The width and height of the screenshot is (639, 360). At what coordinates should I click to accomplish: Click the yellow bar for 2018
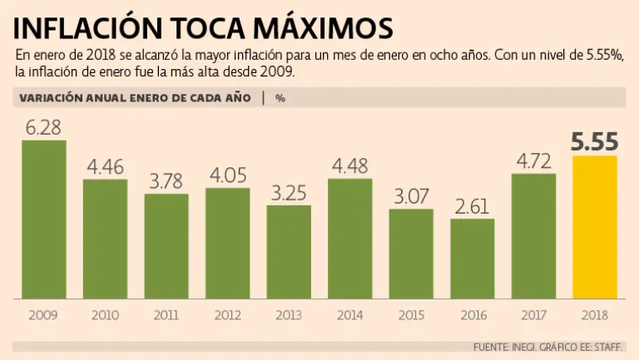595,227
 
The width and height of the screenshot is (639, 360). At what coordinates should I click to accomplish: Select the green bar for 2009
43,219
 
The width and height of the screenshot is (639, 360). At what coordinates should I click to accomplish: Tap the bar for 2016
473,259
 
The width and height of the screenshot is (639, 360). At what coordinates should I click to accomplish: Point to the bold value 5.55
595,142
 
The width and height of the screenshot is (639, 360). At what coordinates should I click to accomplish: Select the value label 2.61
473,206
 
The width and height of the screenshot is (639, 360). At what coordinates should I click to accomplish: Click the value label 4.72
534,160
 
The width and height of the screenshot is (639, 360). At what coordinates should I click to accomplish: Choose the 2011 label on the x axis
166,316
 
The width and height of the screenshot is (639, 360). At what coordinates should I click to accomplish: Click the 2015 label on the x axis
411,316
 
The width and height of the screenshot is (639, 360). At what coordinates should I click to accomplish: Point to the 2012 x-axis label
227,316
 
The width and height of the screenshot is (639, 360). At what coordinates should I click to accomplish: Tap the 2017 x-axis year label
534,316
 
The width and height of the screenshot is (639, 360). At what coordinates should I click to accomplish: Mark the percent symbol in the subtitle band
280,97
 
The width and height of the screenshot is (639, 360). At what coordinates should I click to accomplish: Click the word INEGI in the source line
526,347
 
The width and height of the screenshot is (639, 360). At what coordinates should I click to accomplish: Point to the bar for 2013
289,252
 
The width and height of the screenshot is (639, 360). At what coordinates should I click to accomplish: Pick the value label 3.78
166,181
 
